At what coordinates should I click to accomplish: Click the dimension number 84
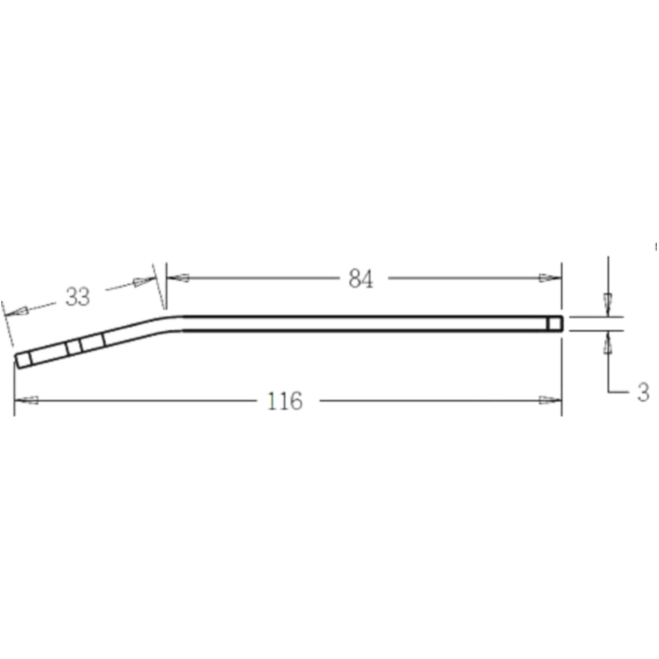360,279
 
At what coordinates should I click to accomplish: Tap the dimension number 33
78,297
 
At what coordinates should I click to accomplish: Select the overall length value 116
285,401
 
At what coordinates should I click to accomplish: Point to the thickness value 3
643,393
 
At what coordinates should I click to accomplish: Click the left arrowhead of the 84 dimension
178,278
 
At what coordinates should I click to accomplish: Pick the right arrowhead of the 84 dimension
550,278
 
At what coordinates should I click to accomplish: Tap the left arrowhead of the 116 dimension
26,400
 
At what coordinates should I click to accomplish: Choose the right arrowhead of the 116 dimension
550,400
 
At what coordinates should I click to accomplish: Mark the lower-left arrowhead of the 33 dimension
17,312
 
